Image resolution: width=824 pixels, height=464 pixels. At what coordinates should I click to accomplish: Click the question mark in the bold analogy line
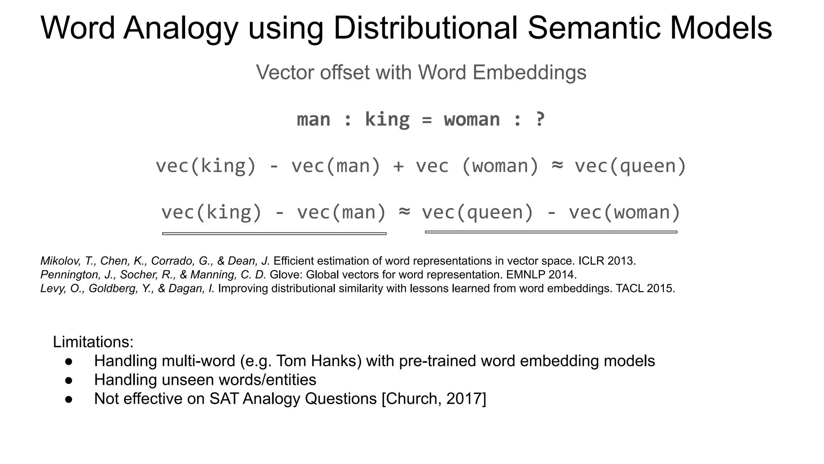coord(540,120)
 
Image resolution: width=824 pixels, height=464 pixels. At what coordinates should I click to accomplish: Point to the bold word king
coord(387,120)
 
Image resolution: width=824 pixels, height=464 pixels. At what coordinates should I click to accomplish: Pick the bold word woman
coord(472,120)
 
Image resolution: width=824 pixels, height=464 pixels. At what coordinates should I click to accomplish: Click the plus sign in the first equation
coord(398,166)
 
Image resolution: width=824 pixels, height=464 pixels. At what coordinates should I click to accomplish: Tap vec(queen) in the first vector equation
coord(630,166)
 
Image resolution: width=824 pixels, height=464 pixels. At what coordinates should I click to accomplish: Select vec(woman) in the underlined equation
coord(624,212)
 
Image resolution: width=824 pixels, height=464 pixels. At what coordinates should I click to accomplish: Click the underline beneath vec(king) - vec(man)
coord(274,234)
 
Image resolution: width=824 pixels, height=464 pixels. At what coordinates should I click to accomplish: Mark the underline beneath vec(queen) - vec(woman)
coord(551,232)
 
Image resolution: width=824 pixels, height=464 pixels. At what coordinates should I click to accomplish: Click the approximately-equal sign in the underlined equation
coord(404,211)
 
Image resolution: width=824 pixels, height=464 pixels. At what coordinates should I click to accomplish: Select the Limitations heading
coord(93,342)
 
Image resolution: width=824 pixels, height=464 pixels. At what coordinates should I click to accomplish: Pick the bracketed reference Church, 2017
coord(434,399)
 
